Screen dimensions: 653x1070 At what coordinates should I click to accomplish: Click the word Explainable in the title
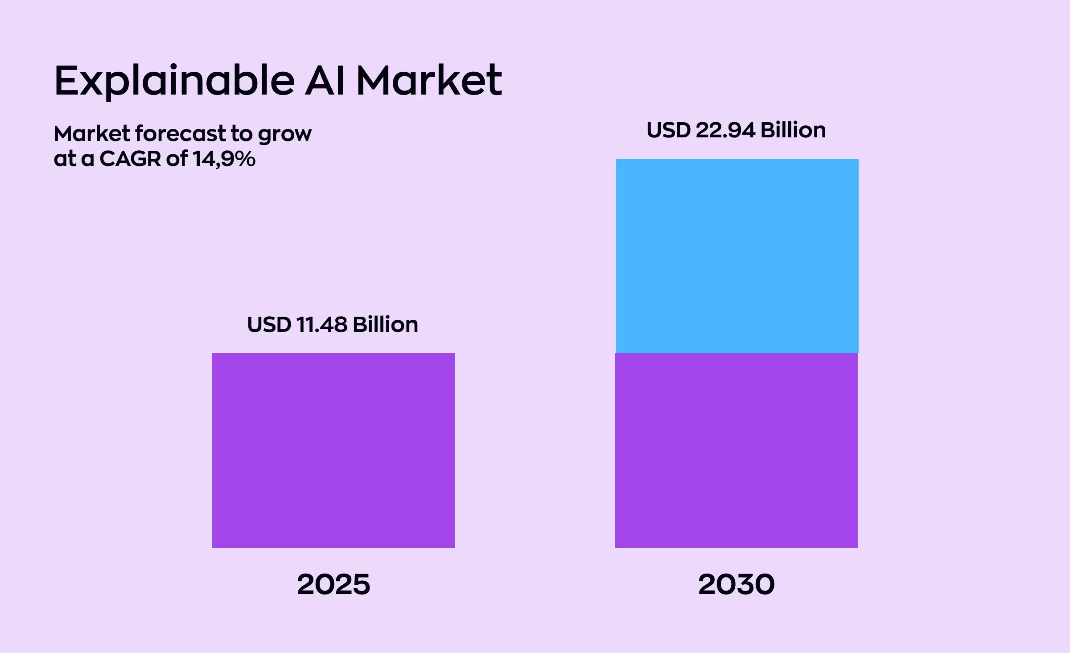pyautogui.click(x=174, y=81)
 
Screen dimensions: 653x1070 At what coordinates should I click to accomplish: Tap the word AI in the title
pyautogui.click(x=325, y=81)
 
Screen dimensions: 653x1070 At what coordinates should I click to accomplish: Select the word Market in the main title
pyautogui.click(x=429, y=81)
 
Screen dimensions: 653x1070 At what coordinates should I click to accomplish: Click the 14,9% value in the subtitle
pyautogui.click(x=224, y=159)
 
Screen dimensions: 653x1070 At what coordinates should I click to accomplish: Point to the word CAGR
pyautogui.click(x=130, y=159)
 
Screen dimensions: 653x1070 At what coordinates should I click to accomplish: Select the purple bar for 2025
pyautogui.click(x=333, y=450)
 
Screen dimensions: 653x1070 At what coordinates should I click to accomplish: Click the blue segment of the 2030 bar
pyautogui.click(x=737, y=256)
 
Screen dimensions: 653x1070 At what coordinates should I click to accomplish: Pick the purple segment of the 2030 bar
pyautogui.click(x=736, y=450)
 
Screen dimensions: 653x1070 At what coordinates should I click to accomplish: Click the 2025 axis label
pyautogui.click(x=333, y=585)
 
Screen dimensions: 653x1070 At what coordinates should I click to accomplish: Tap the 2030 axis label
pyautogui.click(x=736, y=585)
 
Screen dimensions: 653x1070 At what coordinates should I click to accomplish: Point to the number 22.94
pyautogui.click(x=725, y=130)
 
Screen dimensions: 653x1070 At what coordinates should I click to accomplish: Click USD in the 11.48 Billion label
pyautogui.click(x=269, y=325)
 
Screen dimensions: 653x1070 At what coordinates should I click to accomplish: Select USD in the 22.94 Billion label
pyautogui.click(x=668, y=130)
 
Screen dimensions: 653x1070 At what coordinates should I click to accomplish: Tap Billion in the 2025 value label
pyautogui.click(x=385, y=325)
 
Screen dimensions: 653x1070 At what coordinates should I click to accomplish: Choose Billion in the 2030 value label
pyautogui.click(x=793, y=130)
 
